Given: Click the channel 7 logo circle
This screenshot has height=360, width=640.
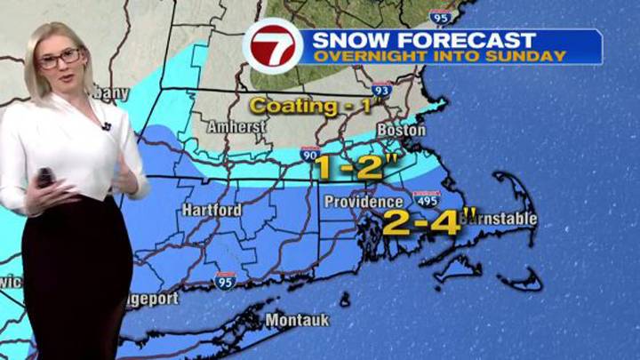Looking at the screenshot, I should click(272, 47).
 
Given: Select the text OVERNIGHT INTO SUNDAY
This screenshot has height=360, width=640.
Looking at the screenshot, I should click(434, 56).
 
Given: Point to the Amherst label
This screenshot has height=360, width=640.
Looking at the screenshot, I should click(237, 127).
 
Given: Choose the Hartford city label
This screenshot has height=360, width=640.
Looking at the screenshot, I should click(212, 210).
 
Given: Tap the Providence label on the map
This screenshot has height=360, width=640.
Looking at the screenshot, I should click(351, 202).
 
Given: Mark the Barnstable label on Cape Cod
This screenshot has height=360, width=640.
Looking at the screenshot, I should click(499, 217).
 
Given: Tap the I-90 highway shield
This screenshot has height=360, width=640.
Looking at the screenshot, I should click(310, 154).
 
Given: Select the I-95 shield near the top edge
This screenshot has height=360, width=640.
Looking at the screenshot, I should click(438, 16).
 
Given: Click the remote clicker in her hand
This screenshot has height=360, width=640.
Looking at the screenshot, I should click(44, 177).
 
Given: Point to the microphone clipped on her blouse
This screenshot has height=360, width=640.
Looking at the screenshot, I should click(106, 126).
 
